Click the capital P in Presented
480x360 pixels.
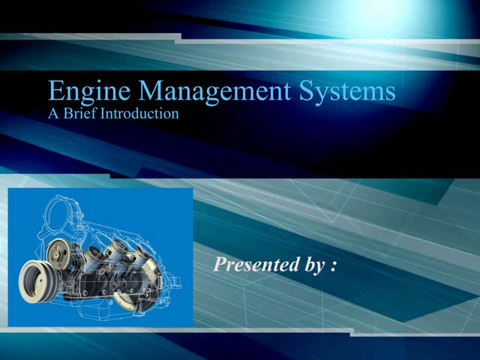point(220,264)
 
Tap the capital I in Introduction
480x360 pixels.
point(110,115)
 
